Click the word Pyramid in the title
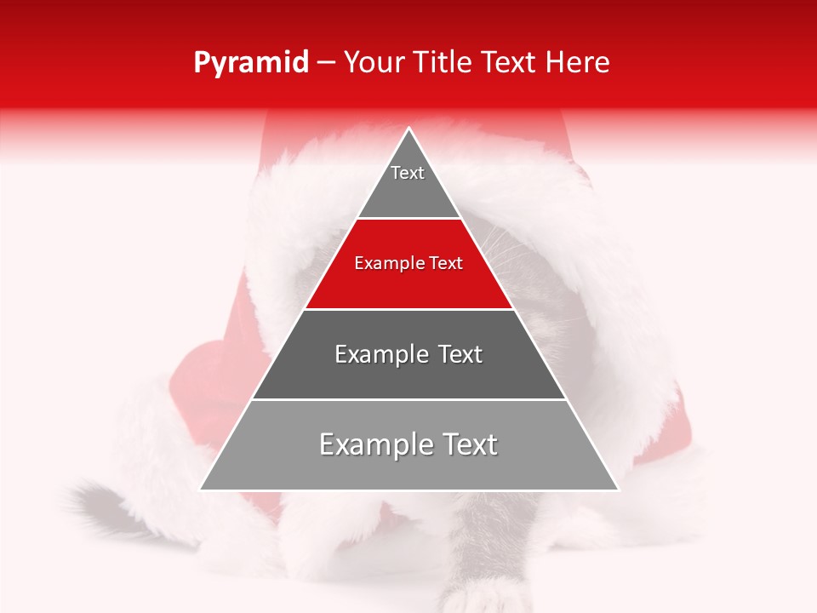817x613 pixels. coord(251,62)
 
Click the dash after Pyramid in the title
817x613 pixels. coord(326,64)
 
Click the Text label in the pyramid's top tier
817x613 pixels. coord(408,173)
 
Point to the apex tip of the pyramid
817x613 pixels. coord(409,129)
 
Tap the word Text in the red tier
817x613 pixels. coord(447,264)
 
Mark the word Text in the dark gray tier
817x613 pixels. coord(460,354)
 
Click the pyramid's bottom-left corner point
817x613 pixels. coord(201,490)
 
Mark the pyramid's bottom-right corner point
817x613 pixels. coord(618,490)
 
